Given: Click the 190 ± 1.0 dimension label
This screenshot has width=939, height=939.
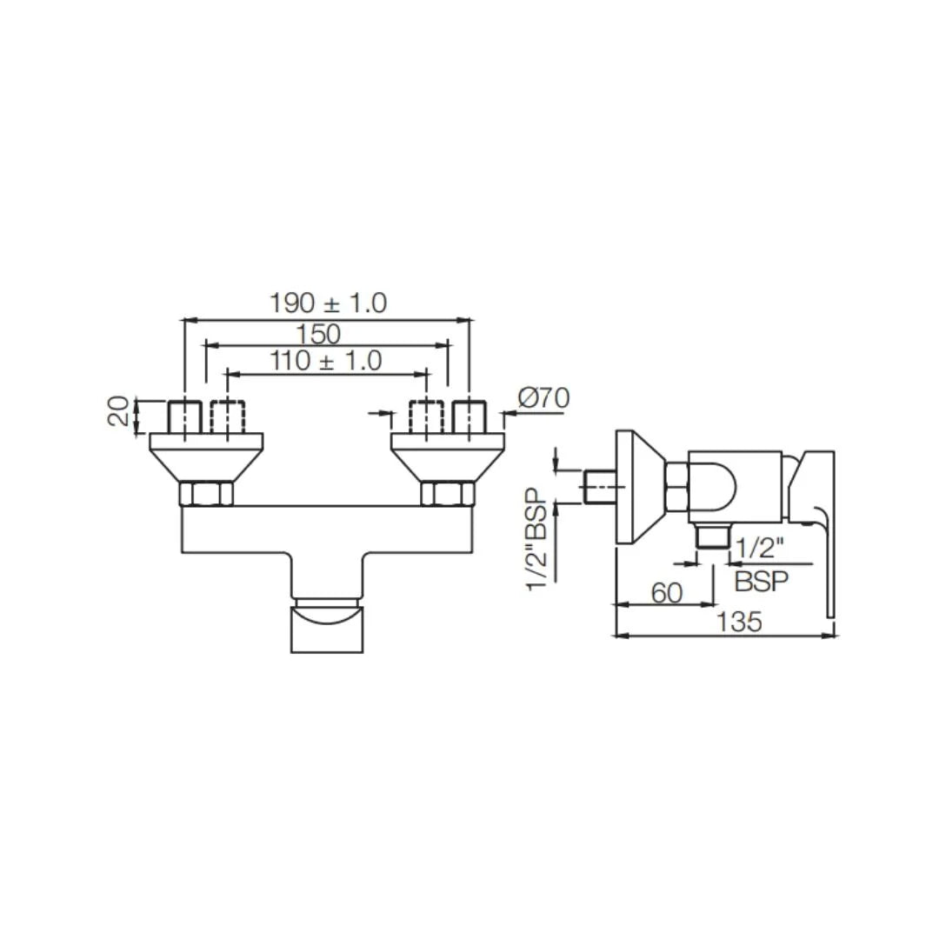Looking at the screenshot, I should pyautogui.click(x=328, y=303).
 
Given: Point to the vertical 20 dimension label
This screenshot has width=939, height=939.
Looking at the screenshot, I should pyautogui.click(x=120, y=410).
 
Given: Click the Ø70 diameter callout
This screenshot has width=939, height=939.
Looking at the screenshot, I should pyautogui.click(x=543, y=398).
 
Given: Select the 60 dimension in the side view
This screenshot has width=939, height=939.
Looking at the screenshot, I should pyautogui.click(x=666, y=593).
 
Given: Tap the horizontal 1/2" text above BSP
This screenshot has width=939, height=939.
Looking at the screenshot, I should pyautogui.click(x=759, y=549).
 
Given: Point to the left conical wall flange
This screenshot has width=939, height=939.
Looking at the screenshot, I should pyautogui.click(x=206, y=456).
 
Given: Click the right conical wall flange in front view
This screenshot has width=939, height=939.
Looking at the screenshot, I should pyautogui.click(x=448, y=456).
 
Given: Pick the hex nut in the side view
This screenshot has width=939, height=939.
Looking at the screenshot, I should pyautogui.click(x=677, y=487).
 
